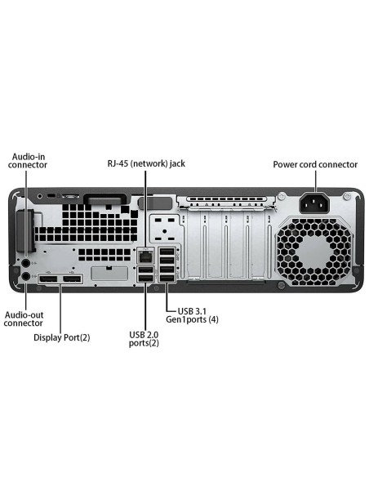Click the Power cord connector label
(x=315, y=164)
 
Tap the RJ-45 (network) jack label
(x=147, y=163)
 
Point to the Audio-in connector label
(x=28, y=159)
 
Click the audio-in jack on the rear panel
(x=26, y=263)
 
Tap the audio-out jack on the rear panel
(x=26, y=277)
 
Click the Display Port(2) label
(x=61, y=337)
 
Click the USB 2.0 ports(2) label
(x=144, y=338)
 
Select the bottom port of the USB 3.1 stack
(x=166, y=282)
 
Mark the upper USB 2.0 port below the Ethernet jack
(x=144, y=271)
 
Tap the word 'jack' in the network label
(x=176, y=163)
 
